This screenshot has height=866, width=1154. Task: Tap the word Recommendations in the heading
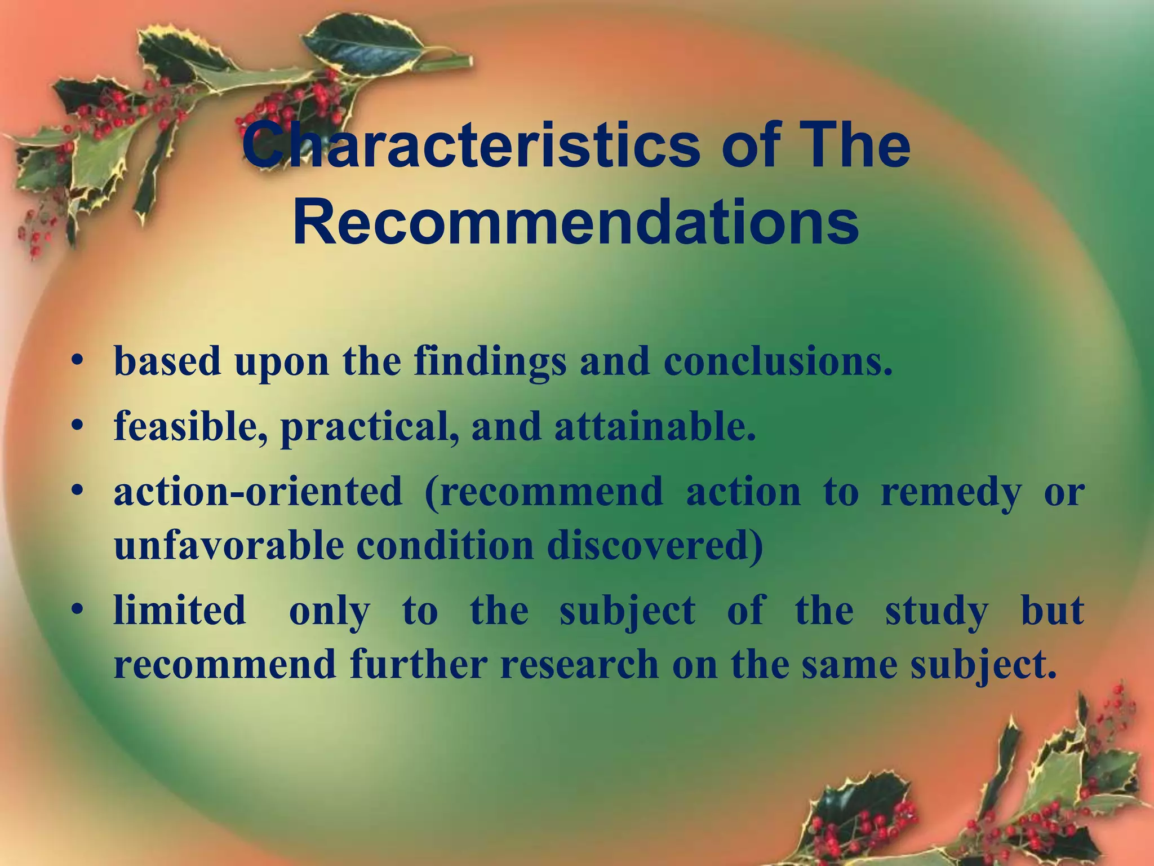576,224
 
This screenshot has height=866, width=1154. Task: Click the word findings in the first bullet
490,362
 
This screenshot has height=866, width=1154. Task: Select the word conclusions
778,361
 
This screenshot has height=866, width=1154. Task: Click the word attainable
654,426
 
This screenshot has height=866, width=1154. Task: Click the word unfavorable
228,545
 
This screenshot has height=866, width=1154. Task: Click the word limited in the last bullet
180,610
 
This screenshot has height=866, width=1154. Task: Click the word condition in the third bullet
445,545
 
